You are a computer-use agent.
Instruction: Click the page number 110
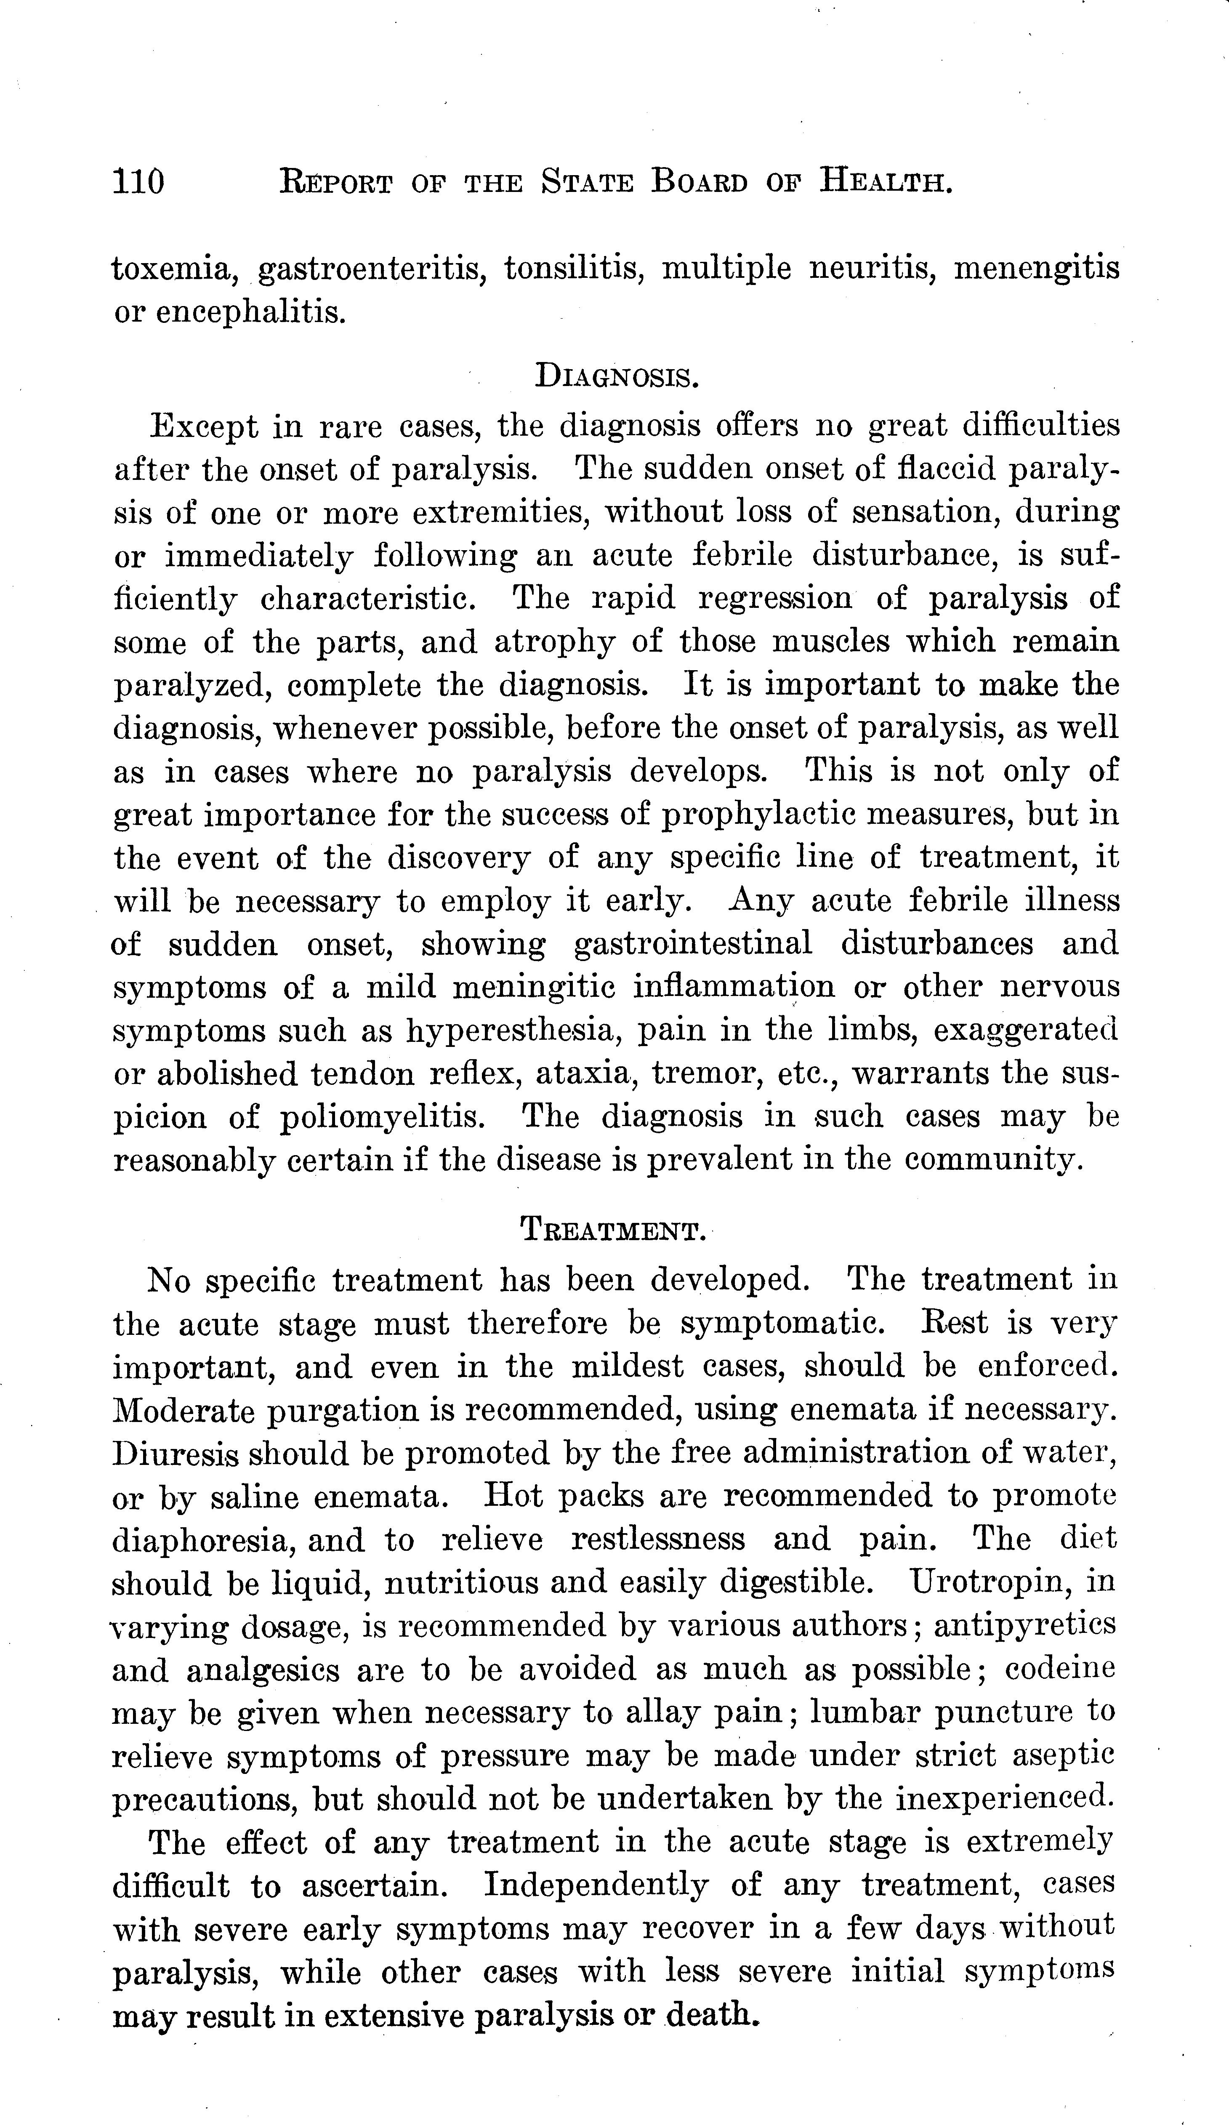(x=139, y=182)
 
